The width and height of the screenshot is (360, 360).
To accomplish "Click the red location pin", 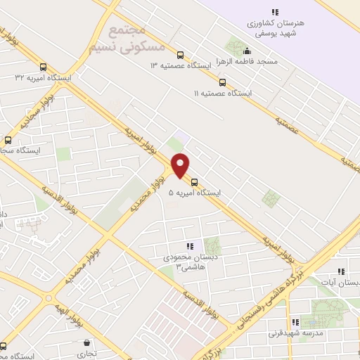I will pos(181,165).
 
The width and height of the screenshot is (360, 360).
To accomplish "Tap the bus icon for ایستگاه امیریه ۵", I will pos(195,182).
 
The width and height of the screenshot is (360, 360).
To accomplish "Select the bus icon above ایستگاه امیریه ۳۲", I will pos(44,67).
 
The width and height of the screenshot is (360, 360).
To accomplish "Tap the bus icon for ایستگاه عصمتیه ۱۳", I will pos(181,54).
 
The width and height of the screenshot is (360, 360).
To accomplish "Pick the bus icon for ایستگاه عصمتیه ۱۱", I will pos(223,82).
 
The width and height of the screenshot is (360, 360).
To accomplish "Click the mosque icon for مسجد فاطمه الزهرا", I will pos(247,51).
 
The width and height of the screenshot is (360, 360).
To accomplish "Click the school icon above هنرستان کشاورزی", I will pos(276,12).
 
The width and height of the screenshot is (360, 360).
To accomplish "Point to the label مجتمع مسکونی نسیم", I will pos(127,39).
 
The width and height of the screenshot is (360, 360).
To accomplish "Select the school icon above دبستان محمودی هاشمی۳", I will pos(189,246).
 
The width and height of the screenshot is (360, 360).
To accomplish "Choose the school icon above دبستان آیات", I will pos(341,271).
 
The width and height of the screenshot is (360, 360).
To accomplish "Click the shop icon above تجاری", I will pos(86,344).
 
